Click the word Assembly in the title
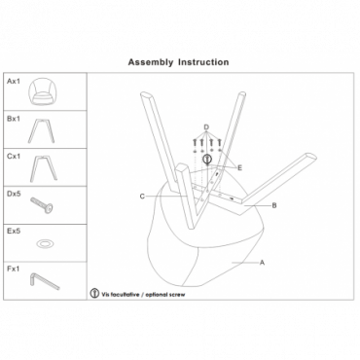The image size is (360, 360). point(151,62)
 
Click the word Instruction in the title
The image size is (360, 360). point(203,62)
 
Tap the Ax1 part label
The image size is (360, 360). point(14,81)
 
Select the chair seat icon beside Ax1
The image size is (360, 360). point(42,91)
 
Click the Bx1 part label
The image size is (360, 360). point(14,119)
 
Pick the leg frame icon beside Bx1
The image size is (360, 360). point(41,130)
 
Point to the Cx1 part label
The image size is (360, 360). point(14,157)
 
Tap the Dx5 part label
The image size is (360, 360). point(14,194)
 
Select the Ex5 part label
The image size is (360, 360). point(14,232)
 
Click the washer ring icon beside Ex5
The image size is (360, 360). point(45,243)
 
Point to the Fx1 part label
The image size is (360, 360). point(14,269)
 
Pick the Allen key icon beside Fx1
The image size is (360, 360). point(44,281)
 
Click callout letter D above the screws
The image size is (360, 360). point(206,127)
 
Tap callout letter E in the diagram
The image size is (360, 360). point(239,168)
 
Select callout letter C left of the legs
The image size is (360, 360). point(142,197)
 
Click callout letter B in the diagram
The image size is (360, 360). point(274,205)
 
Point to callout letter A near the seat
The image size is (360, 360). point(262,263)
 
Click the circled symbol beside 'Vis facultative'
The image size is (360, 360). point(94,294)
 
